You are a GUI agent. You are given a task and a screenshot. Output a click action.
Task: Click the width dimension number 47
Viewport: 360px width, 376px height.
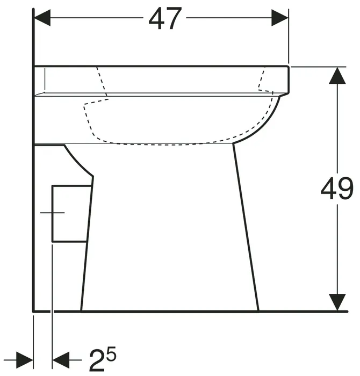click(x=165, y=18)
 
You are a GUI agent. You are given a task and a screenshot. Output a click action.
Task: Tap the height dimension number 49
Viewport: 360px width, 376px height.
click(x=337, y=189)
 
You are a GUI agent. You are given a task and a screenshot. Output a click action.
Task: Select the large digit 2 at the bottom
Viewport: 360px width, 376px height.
click(x=97, y=360)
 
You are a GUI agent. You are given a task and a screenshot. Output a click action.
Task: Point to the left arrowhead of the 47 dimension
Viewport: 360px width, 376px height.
click(x=42, y=18)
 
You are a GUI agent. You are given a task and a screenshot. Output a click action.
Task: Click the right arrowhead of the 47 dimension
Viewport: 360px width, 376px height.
click(x=279, y=18)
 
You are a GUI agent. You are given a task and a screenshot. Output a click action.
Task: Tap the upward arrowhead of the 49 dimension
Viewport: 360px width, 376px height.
click(x=337, y=76)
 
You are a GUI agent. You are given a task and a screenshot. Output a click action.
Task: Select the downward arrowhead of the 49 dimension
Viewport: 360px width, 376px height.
click(x=337, y=302)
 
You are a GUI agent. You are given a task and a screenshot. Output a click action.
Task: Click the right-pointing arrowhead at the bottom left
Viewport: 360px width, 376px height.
click(x=25, y=360)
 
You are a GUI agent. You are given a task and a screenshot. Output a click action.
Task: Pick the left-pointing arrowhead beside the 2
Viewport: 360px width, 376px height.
click(x=61, y=360)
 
